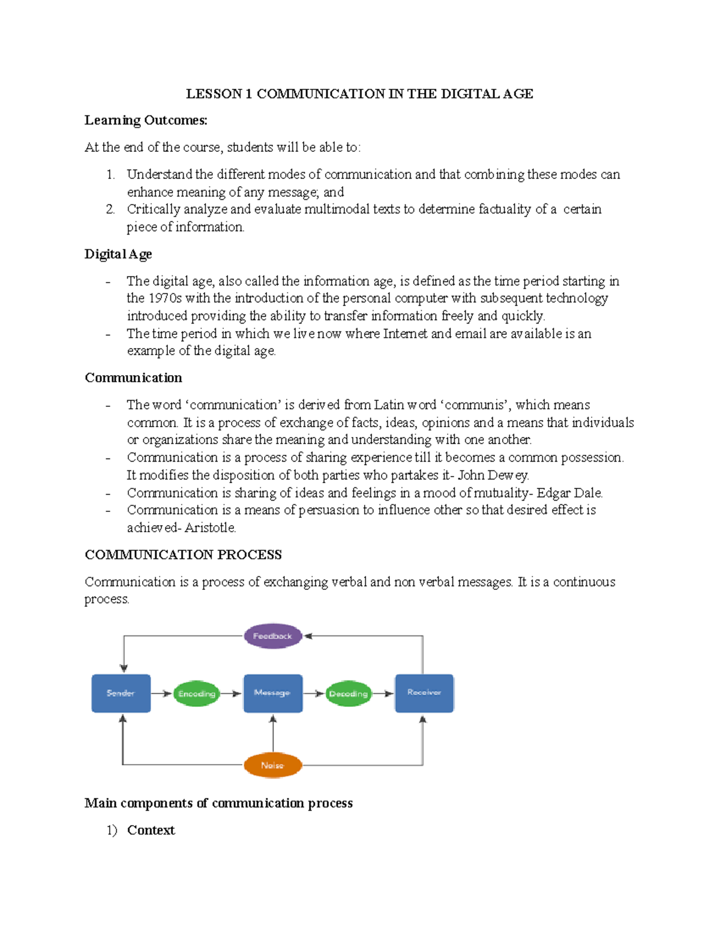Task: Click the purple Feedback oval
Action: coord(273,636)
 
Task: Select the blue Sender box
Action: coord(121,693)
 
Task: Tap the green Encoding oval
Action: coord(196,694)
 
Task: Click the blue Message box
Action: coord(273,693)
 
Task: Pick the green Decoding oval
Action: coord(348,694)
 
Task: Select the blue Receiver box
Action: coord(424,693)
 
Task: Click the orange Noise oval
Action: coord(272,765)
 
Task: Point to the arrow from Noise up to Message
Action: coord(273,733)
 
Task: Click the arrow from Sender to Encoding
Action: coord(161,694)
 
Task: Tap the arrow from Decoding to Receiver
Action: coord(383,694)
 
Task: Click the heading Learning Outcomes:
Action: coord(146,121)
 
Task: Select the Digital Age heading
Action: coord(118,254)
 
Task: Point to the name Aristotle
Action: coord(210,528)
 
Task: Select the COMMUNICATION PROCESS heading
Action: coord(183,555)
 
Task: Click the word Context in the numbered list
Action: coord(151,831)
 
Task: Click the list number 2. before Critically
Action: coord(110,209)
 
